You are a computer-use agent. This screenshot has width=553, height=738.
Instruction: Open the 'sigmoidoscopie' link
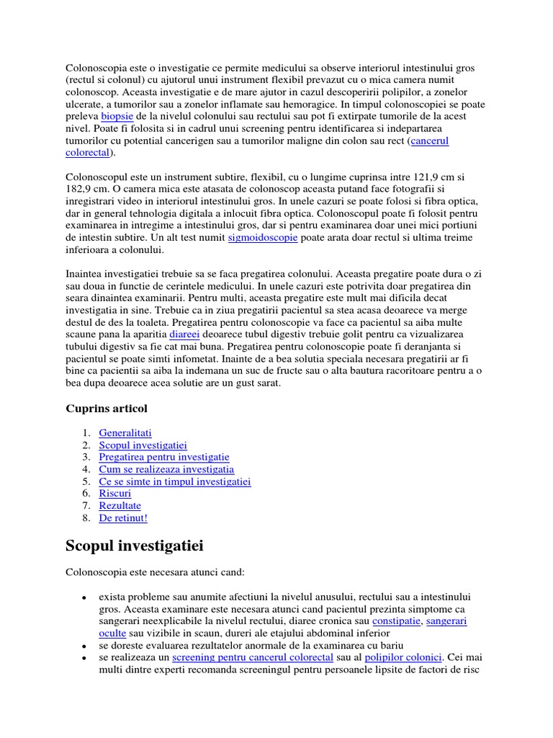pyautogui.click(x=262, y=237)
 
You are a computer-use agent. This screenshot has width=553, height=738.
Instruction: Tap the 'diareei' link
pyautogui.click(x=184, y=334)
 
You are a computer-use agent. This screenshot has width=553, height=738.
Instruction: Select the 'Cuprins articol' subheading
pyautogui.click(x=107, y=409)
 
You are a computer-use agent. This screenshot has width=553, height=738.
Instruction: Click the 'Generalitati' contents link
pyautogui.click(x=123, y=433)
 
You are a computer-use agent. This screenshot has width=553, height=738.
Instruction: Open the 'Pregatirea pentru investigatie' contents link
pyautogui.click(x=164, y=458)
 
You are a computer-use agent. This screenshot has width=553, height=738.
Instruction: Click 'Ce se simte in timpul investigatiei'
pyautogui.click(x=175, y=481)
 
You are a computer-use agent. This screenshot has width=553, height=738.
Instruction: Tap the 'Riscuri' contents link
pyautogui.click(x=115, y=494)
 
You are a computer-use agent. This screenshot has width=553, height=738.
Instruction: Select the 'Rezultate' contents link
pyautogui.click(x=120, y=506)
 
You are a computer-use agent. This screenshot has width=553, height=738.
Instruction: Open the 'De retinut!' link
pyautogui.click(x=123, y=518)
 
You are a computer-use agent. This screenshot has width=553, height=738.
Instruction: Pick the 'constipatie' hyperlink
pyautogui.click(x=396, y=621)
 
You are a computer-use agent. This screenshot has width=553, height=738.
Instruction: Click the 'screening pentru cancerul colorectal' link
pyautogui.click(x=253, y=657)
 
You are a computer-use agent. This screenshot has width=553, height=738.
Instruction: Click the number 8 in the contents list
pyautogui.click(x=86, y=518)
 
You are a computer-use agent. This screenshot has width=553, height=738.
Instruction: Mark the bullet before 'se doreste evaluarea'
pyautogui.click(x=84, y=646)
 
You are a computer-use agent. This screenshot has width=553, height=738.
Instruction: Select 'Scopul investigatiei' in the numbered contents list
pyautogui.click(x=143, y=445)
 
